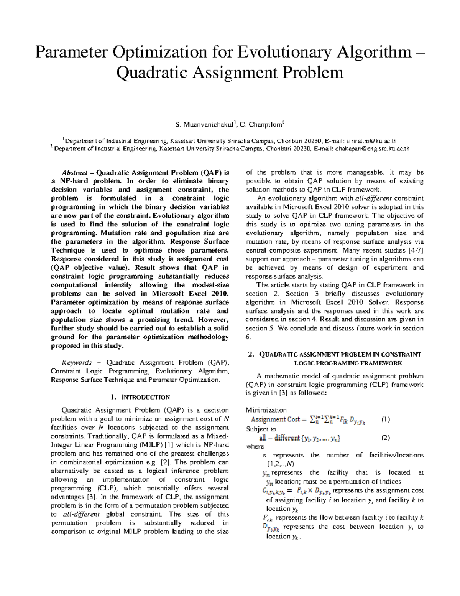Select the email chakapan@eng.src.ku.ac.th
pyautogui.click(x=372, y=149)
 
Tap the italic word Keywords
pyautogui.click(x=77, y=362)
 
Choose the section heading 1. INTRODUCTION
pyautogui.click(x=140, y=397)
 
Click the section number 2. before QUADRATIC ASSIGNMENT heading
pyautogui.click(x=251, y=354)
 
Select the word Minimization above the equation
pyautogui.click(x=266, y=410)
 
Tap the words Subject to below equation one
pyautogui.click(x=261, y=429)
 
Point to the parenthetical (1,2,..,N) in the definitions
pyautogui.click(x=280, y=464)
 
